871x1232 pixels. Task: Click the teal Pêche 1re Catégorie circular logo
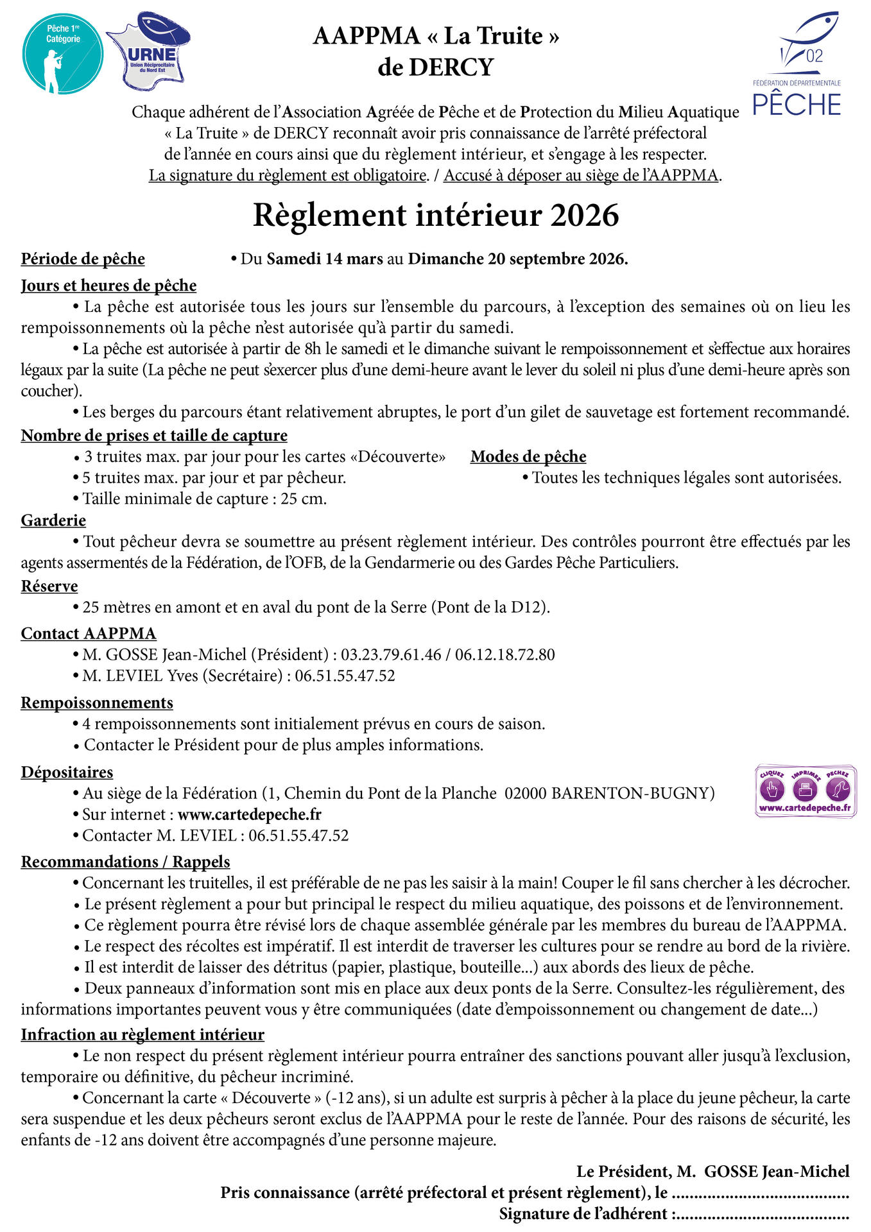(x=62, y=54)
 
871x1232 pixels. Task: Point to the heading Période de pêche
(x=83, y=259)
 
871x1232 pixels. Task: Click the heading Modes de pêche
(x=528, y=456)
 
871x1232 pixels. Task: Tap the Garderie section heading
(x=53, y=520)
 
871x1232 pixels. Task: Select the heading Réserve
(x=49, y=586)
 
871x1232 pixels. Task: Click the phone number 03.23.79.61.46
(x=391, y=654)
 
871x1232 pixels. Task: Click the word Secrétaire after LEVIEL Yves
(x=243, y=676)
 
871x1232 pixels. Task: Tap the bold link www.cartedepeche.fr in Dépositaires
(x=250, y=814)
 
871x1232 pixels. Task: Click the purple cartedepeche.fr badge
(x=806, y=791)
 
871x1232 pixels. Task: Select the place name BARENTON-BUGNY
(x=633, y=793)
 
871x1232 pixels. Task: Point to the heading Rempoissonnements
(x=97, y=703)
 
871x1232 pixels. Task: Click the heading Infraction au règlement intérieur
(x=142, y=1034)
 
